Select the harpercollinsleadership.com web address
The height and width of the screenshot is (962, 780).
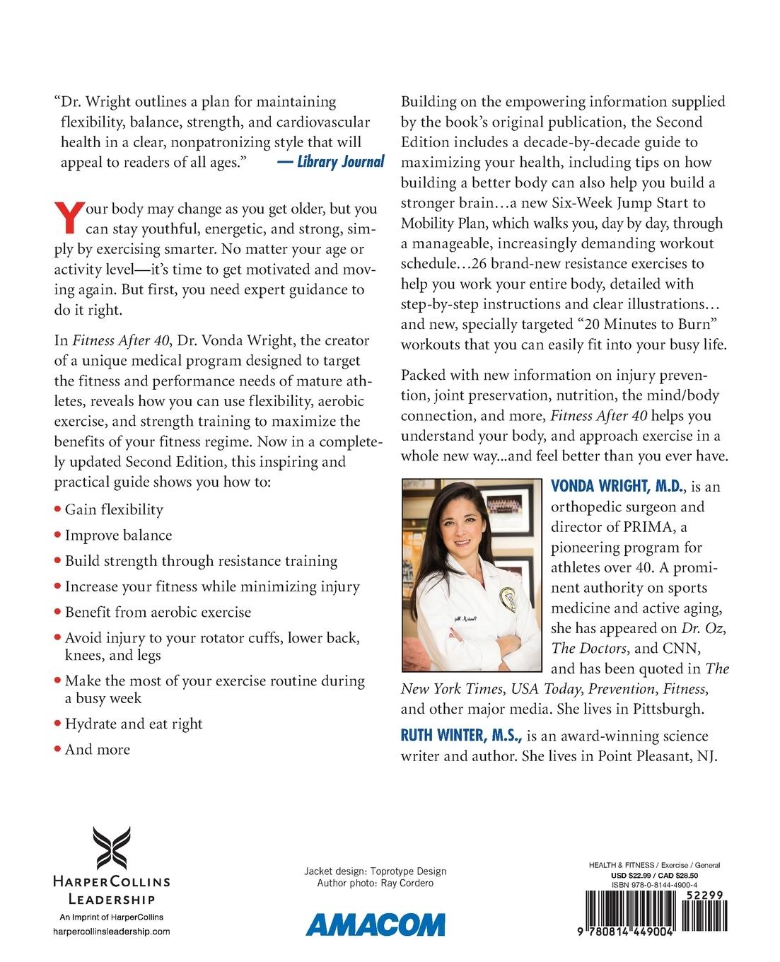point(112,932)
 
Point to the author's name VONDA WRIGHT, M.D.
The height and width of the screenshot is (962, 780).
point(616,487)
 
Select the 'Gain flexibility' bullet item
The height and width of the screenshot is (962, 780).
point(113,510)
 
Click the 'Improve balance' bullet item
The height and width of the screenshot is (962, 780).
point(118,535)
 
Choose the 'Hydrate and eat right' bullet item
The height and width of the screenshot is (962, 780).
point(133,724)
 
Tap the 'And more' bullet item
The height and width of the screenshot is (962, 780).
point(97,749)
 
